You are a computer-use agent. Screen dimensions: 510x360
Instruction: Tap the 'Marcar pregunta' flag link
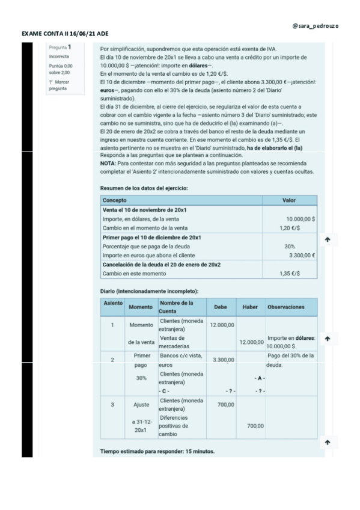(59, 85)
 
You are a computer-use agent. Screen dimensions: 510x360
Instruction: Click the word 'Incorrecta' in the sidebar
(58, 57)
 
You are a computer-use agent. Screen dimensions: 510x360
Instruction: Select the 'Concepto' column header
(111, 200)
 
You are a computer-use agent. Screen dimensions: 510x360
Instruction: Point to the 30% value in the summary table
(289, 247)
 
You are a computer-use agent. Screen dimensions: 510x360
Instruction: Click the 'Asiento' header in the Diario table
(112, 303)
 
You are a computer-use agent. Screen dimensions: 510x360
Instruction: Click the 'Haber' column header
(250, 307)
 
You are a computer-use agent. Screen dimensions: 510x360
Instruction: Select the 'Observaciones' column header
(286, 307)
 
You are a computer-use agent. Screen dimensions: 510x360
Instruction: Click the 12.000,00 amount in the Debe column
(222, 325)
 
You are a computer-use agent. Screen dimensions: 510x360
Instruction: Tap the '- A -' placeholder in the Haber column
(258, 378)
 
